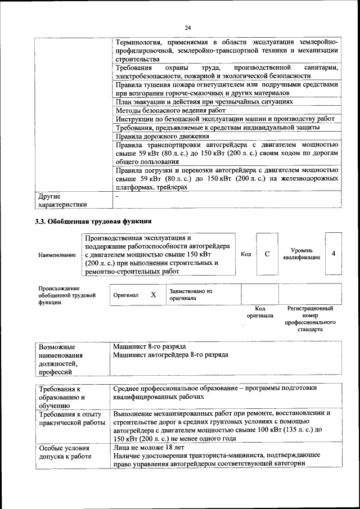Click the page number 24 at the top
pyautogui.click(x=187, y=27)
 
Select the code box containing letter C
pyautogui.click(x=267, y=254)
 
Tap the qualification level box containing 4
pyautogui.click(x=334, y=254)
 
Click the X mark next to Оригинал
pyautogui.click(x=153, y=295)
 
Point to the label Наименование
pyautogui.click(x=57, y=255)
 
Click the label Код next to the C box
pyautogui.click(x=246, y=254)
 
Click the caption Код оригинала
pyautogui.click(x=259, y=312)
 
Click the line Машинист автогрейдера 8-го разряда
pyautogui.click(x=170, y=355)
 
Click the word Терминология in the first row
pyautogui.click(x=138, y=43)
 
